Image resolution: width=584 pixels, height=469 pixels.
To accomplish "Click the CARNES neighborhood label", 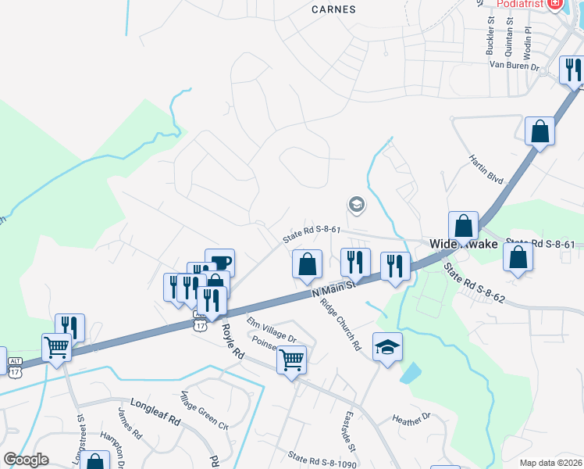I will tap(333, 9).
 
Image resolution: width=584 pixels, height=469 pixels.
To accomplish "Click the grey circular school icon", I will tap(357, 205).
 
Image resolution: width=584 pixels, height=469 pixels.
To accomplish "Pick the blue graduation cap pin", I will tap(387, 346).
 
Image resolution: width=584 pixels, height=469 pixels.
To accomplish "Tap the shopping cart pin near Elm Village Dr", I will tap(291, 361).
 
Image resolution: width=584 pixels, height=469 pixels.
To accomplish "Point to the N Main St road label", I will tap(333, 288).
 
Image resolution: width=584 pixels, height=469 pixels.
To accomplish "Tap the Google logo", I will tap(26, 459).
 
